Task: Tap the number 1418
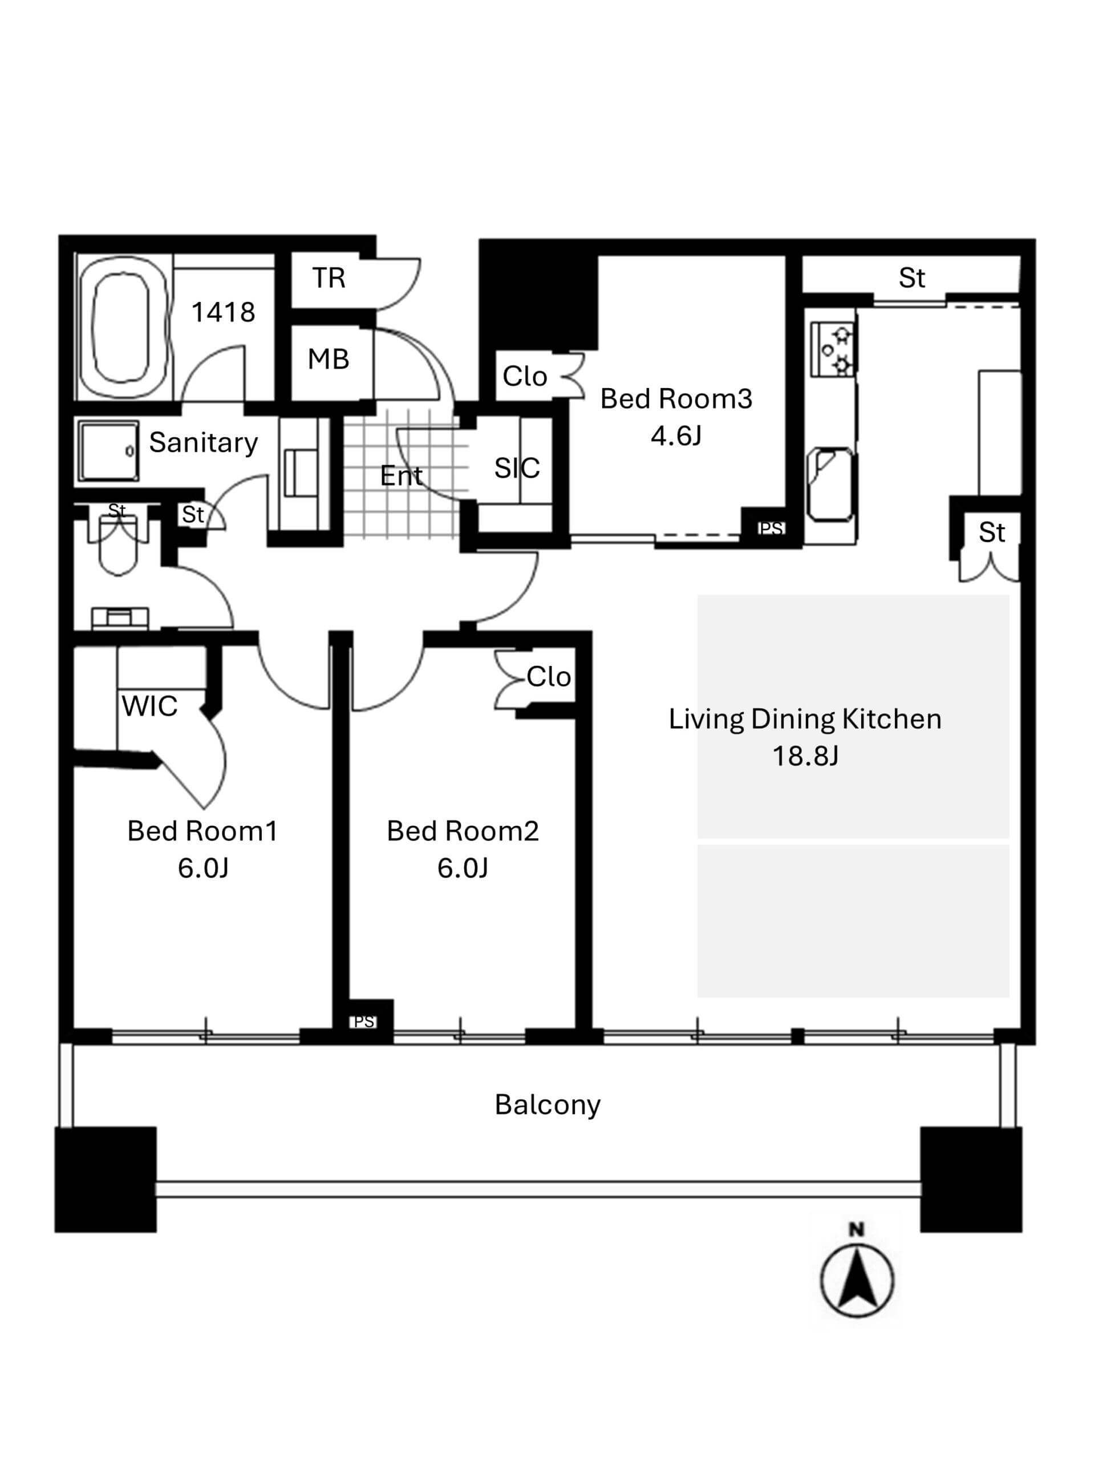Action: click(x=223, y=312)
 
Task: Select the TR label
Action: click(x=328, y=277)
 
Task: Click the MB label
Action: click(x=328, y=360)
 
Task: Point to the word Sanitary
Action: click(x=203, y=442)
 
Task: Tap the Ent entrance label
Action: click(x=401, y=475)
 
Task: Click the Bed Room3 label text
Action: click(x=676, y=398)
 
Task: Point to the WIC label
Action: click(x=150, y=706)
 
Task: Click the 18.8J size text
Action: click(x=805, y=756)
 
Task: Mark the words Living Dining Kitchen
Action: click(x=805, y=719)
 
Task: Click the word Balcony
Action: click(x=548, y=1104)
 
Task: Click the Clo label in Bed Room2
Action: click(x=549, y=677)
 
